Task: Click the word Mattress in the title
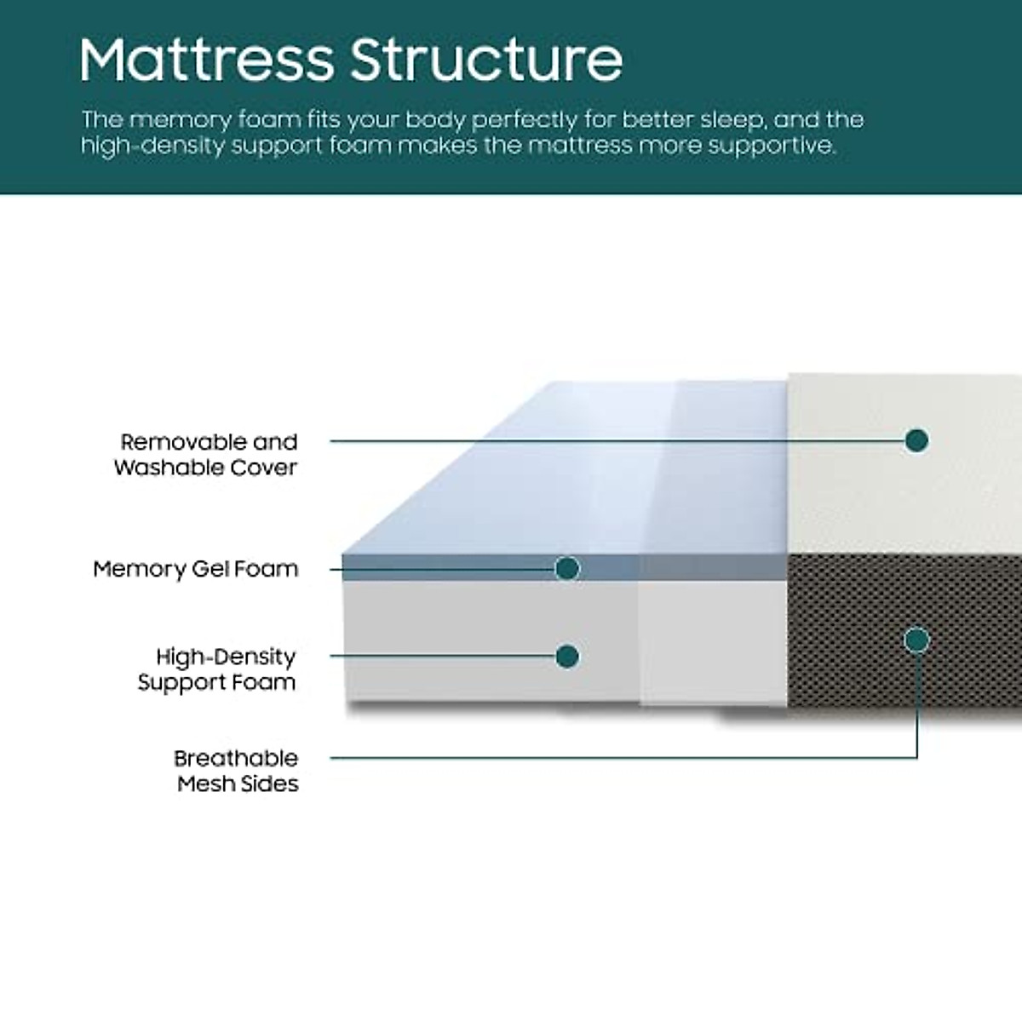tap(206, 60)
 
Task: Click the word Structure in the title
tap(486, 60)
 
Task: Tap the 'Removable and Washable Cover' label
tap(207, 455)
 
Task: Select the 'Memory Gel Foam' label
tap(196, 569)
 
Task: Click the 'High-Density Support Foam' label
tap(218, 669)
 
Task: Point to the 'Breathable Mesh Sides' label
tap(237, 771)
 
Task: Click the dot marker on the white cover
tap(916, 440)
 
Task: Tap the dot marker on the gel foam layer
tap(567, 568)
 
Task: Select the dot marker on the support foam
tap(567, 656)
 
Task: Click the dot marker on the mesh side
tap(917, 640)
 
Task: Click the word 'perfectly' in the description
tap(534, 120)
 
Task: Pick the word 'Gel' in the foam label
tap(208, 569)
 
